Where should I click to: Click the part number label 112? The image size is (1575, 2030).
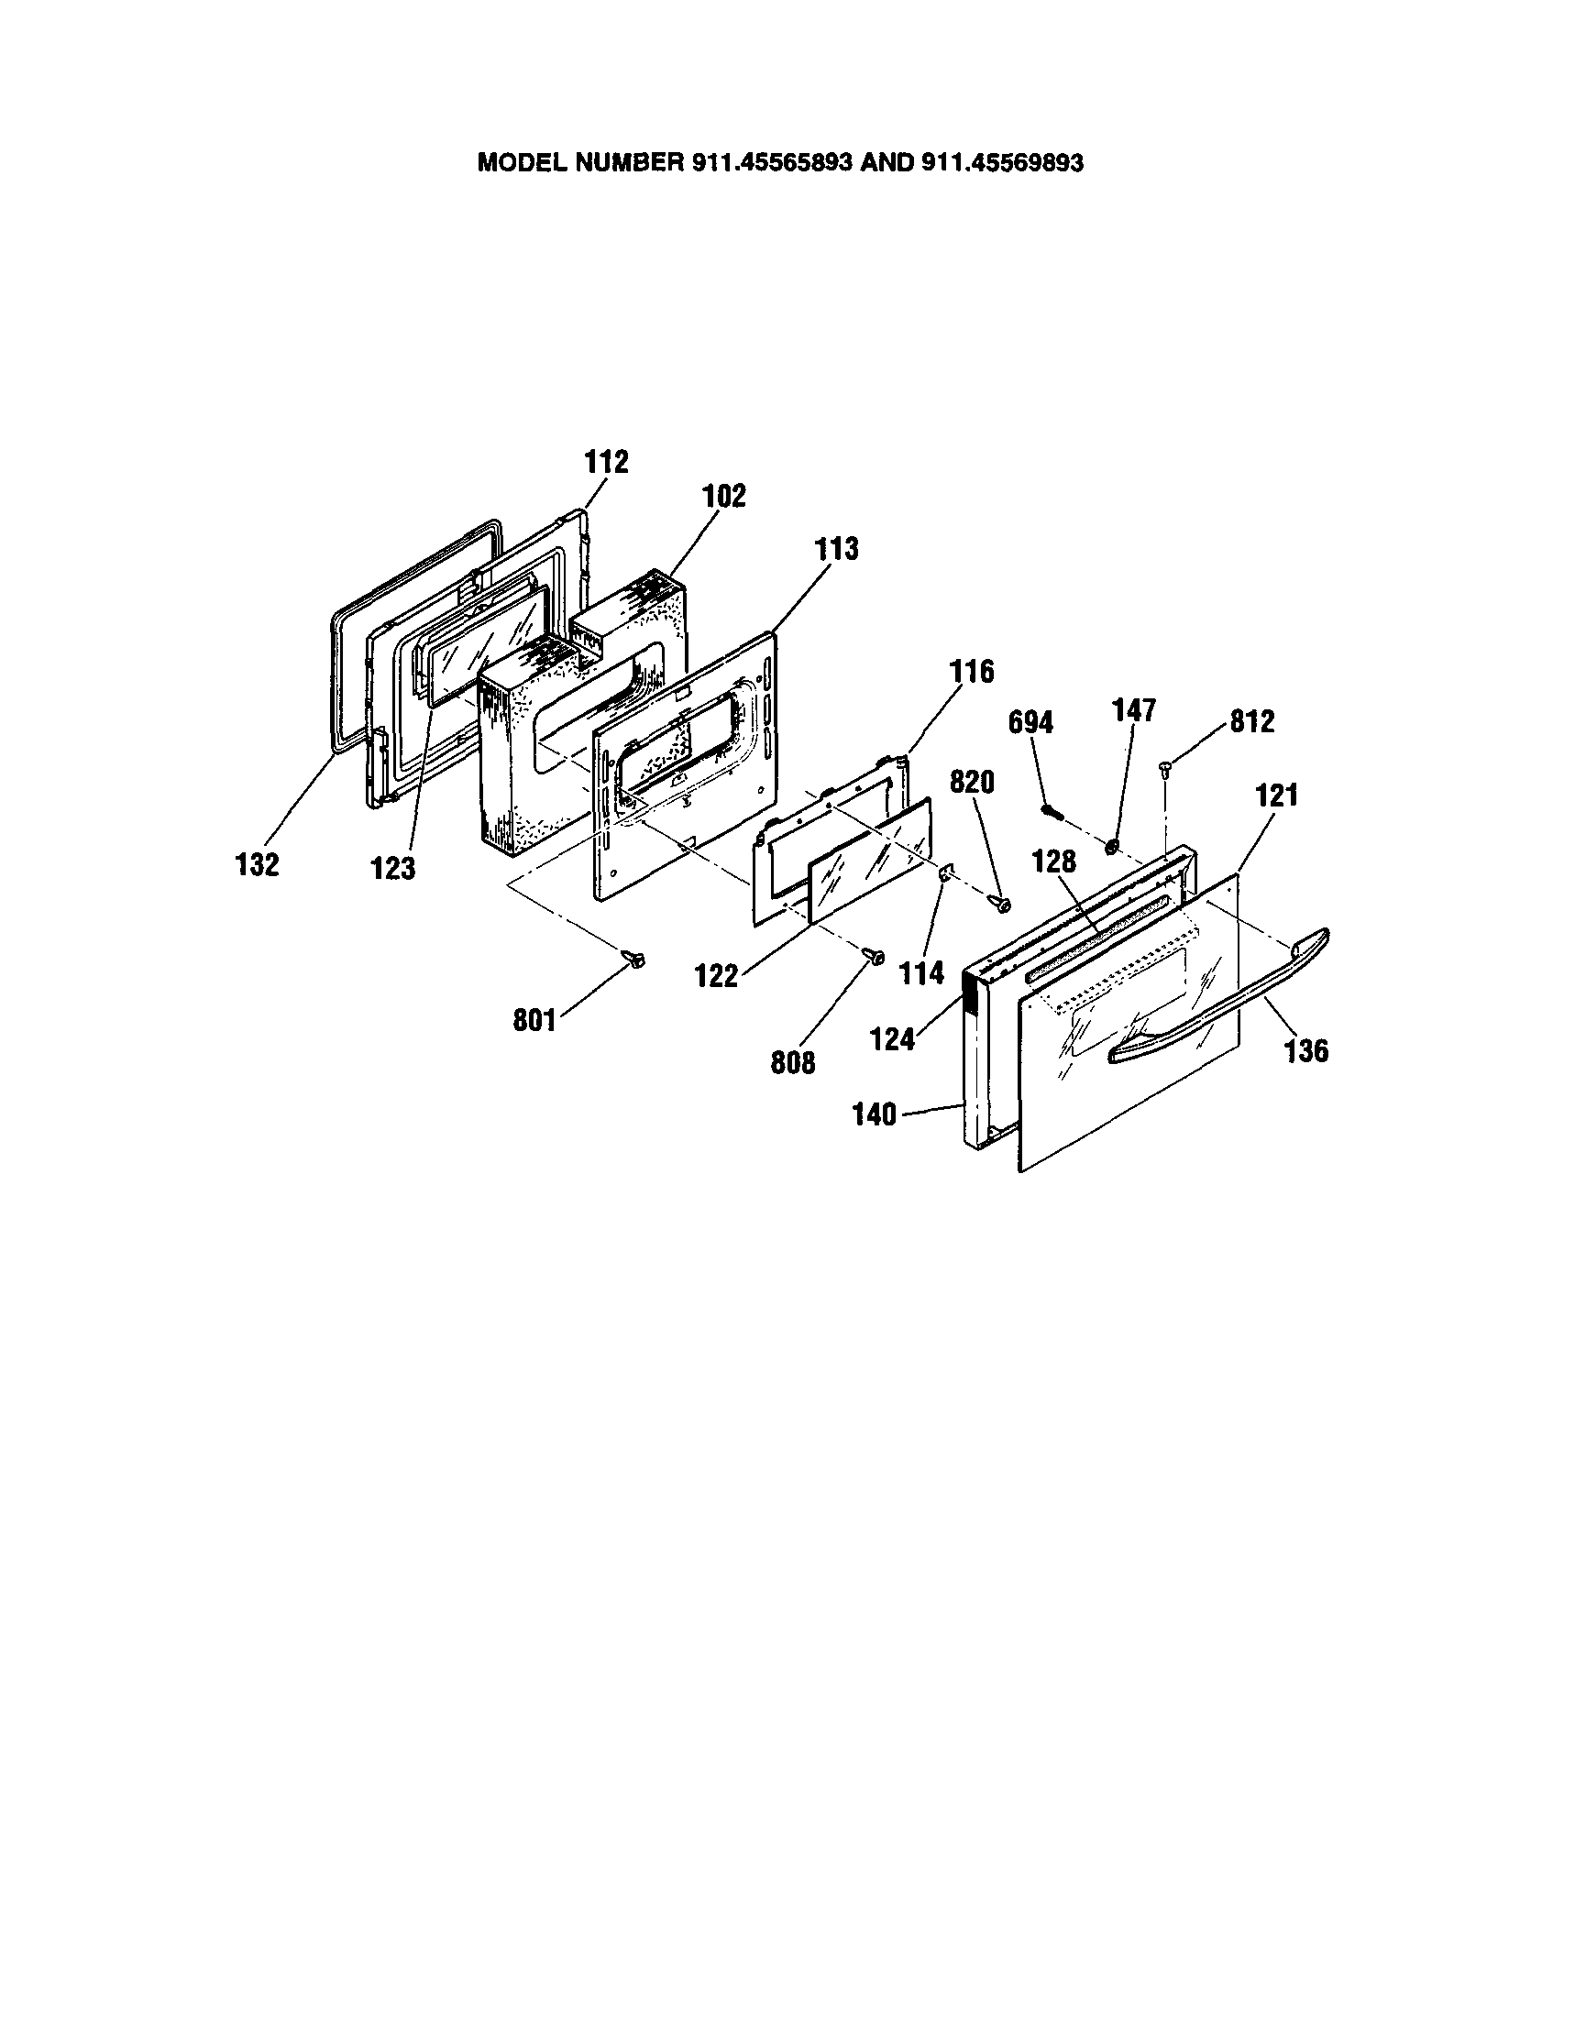pyautogui.click(x=606, y=462)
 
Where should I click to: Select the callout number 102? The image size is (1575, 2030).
pyautogui.click(x=723, y=496)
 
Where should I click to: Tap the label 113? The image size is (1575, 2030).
pyautogui.click(x=836, y=549)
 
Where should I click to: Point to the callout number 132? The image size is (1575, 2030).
pyautogui.click(x=257, y=864)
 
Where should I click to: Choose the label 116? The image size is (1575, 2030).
pyautogui.click(x=972, y=671)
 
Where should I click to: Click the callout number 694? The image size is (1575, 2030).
pyautogui.click(x=1031, y=722)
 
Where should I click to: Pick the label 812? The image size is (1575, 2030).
pyautogui.click(x=1251, y=722)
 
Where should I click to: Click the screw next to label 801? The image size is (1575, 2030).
pyautogui.click(x=636, y=959)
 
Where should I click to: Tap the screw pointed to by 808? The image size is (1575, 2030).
pyautogui.click(x=874, y=955)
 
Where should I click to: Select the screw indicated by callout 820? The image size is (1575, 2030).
pyautogui.click(x=1002, y=902)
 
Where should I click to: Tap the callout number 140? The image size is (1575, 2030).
pyautogui.click(x=874, y=1114)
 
